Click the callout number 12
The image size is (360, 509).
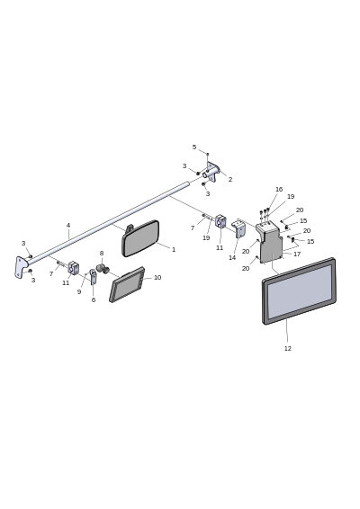pos(287,348)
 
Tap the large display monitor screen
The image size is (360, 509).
pos(299,291)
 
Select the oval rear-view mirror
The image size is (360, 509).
pos(140,238)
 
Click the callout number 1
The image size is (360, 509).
pos(174,250)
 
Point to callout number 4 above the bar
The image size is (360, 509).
pos(68,226)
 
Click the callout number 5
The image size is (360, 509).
pos(194,147)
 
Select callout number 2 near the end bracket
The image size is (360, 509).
pos(230,179)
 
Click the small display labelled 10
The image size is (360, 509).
pos(127,285)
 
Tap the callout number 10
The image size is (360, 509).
pos(157,278)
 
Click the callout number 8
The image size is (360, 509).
pos(102,254)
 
